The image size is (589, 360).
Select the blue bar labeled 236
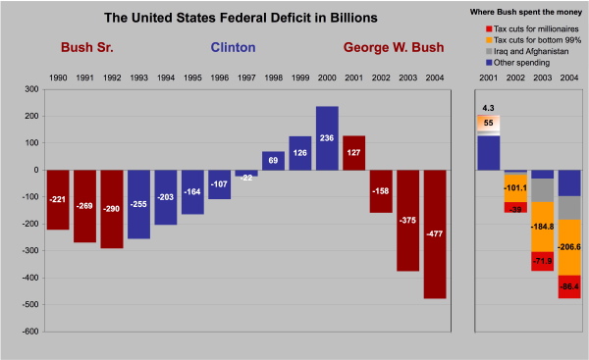tap(327, 137)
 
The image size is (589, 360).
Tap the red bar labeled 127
tap(353, 152)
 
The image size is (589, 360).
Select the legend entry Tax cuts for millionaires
tap(531, 30)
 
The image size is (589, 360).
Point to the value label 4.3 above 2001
tap(488, 106)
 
